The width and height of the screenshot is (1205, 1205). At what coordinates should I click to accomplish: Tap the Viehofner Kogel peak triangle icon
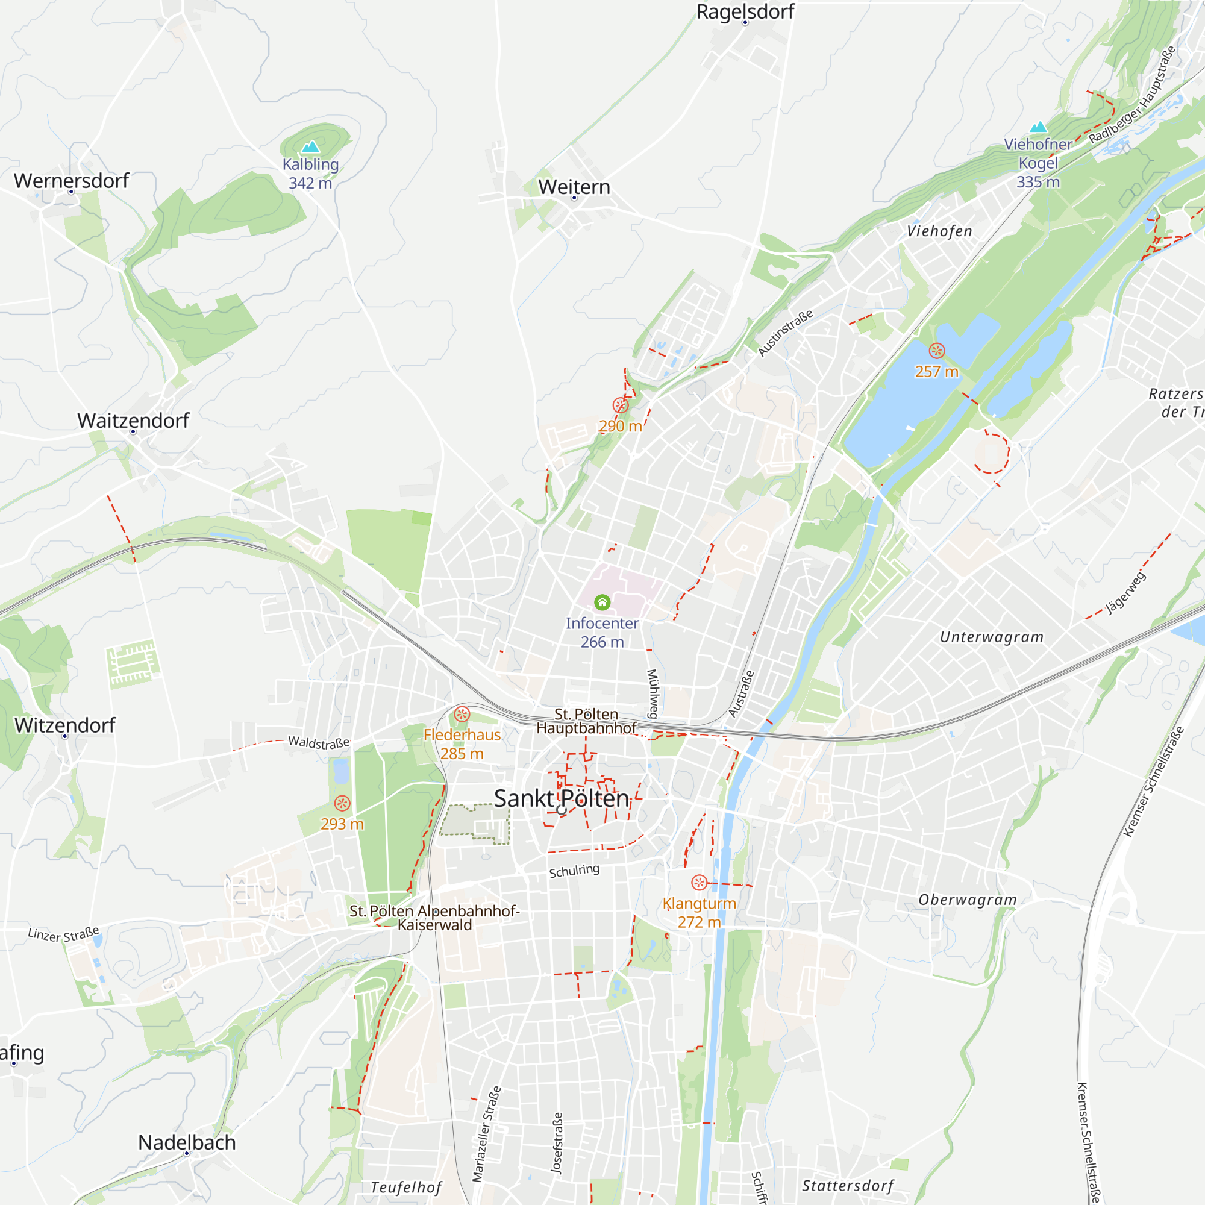click(x=1038, y=127)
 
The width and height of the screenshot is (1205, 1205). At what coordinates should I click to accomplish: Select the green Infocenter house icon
click(x=602, y=602)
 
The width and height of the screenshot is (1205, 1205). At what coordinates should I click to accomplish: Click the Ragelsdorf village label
click(x=745, y=12)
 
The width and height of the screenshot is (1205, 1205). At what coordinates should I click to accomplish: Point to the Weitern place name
click(x=574, y=187)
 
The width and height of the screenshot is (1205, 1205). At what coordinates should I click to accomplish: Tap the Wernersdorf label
click(x=71, y=181)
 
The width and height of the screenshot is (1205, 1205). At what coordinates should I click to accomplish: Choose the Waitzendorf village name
click(x=133, y=421)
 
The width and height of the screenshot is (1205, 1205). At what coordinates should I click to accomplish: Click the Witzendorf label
click(x=65, y=725)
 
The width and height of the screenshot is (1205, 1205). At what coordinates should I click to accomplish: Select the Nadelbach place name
click(x=187, y=1142)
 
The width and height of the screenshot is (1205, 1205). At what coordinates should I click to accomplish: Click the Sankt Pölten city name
click(x=562, y=799)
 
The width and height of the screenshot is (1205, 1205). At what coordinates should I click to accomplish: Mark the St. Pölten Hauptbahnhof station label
click(x=586, y=721)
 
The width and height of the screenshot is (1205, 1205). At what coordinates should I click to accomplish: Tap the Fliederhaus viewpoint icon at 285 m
click(x=462, y=713)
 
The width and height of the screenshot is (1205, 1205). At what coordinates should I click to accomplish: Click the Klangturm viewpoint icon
click(x=699, y=883)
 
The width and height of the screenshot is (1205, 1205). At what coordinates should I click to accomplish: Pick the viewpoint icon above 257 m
click(x=937, y=351)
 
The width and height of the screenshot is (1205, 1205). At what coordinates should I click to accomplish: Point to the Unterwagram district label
click(x=992, y=637)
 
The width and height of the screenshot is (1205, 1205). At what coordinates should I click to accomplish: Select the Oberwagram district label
click(x=968, y=900)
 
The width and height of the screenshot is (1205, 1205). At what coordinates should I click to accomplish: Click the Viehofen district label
click(x=939, y=231)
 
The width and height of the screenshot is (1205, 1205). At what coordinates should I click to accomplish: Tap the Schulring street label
click(x=574, y=871)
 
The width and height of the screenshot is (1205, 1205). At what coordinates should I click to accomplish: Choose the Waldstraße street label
click(x=319, y=742)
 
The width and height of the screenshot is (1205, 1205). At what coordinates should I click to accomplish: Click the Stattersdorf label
click(x=848, y=1186)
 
